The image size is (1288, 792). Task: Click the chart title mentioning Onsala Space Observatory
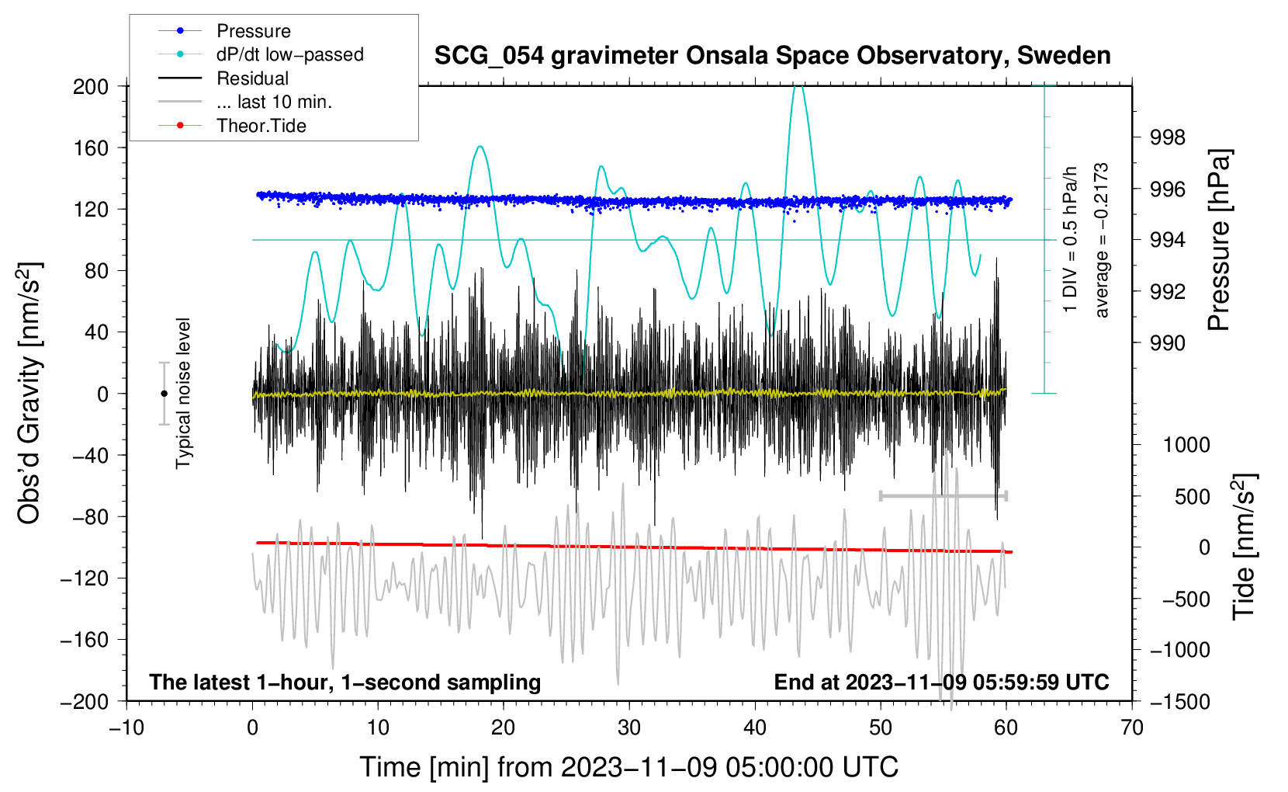point(772,56)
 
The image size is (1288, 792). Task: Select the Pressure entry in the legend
point(253,31)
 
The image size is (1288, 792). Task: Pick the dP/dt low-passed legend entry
point(289,54)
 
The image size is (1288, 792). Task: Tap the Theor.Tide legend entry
point(261,126)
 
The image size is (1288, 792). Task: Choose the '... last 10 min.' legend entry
point(274,102)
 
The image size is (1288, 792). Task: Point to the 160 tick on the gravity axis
point(91,148)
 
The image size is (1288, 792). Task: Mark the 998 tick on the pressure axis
point(1169,137)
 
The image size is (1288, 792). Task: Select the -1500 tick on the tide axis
point(1179,701)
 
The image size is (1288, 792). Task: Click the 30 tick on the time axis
point(629,728)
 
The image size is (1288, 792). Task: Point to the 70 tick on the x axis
point(1132,728)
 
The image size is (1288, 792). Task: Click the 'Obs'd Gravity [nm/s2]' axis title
point(29,394)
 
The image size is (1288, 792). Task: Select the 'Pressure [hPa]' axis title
point(1220,241)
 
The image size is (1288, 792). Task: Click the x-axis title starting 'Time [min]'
point(629,767)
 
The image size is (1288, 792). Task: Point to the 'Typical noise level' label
point(183,393)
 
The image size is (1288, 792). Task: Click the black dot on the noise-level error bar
point(164,394)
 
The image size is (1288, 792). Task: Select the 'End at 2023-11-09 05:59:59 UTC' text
point(941,683)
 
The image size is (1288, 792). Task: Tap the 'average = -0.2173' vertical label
point(1101,241)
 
